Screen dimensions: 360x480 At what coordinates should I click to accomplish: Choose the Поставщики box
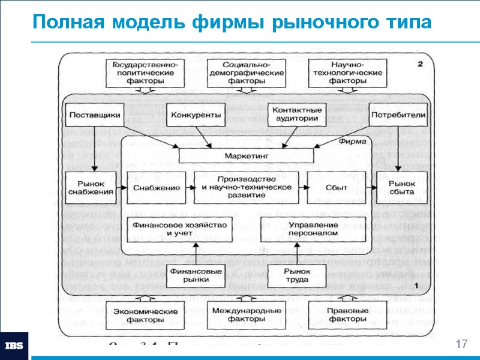[94, 114]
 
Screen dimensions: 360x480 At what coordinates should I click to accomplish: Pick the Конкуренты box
[194, 114]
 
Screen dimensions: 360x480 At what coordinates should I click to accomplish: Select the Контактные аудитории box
[296, 115]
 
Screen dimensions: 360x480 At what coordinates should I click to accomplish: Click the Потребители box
[398, 114]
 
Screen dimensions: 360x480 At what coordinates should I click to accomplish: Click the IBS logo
[14, 346]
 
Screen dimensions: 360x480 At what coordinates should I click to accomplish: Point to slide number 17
[461, 344]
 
